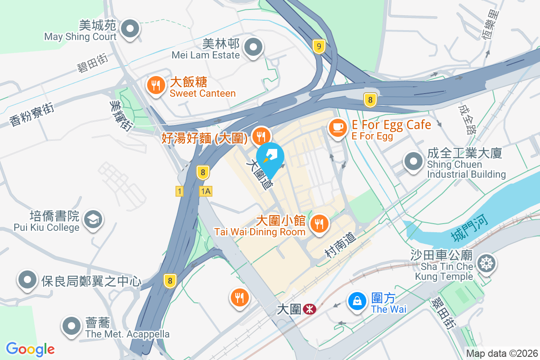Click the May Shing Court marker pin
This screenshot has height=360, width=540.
130,29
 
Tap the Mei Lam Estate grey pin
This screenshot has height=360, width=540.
253,47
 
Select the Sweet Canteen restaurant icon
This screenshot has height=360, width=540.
156,85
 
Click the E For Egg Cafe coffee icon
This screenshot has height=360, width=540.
337,128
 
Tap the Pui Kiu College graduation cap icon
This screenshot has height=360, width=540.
94,220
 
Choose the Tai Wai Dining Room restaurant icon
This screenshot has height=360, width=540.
319,224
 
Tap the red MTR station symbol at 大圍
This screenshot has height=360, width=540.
309,309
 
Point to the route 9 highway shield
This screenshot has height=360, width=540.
319,46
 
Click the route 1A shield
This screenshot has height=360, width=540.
206,191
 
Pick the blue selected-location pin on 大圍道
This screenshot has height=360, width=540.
270,158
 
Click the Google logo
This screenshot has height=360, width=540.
30,349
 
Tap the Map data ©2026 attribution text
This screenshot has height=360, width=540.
501,353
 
